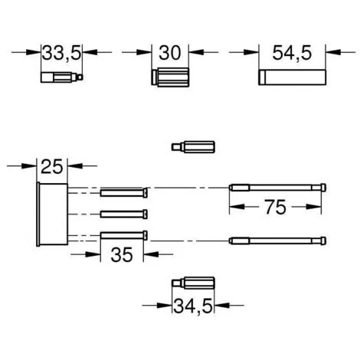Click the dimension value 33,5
tap(61, 53)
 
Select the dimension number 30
tap(170, 53)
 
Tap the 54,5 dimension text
tap(292, 53)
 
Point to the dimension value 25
tap(52, 166)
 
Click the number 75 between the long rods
tap(275, 207)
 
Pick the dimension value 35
tap(122, 254)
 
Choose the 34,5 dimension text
tap(193, 306)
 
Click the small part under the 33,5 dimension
tap(62, 77)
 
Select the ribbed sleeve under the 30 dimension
tap(170, 77)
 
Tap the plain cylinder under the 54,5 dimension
tap(292, 77)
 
